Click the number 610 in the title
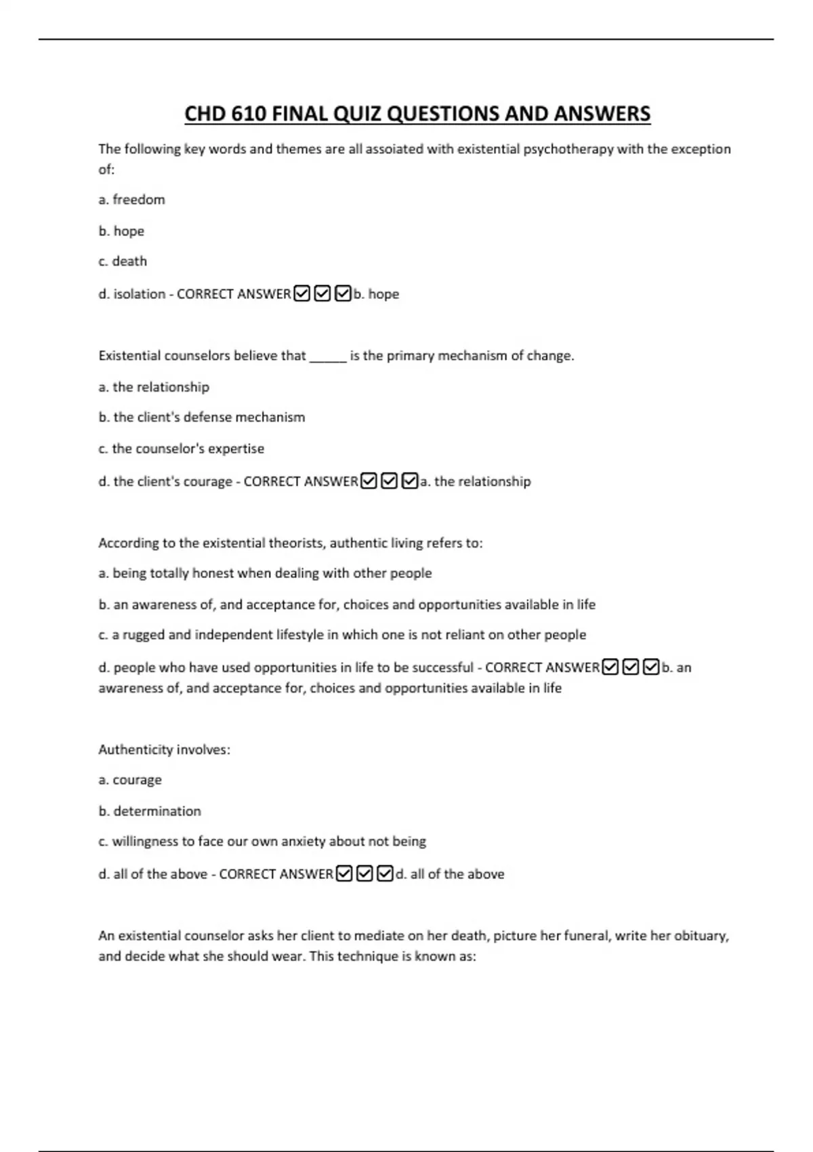[248, 114]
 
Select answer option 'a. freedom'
[131, 200]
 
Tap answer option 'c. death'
[123, 262]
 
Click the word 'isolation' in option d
[139, 294]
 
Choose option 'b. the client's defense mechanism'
[202, 417]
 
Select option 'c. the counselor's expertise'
[181, 449]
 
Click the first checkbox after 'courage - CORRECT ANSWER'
[369, 481]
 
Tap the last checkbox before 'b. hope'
[343, 294]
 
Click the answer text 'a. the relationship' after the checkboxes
[476, 482]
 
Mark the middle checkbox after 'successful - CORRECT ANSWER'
[630, 667]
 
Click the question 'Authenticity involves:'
[164, 749]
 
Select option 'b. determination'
[150, 811]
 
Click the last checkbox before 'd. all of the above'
[385, 874]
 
